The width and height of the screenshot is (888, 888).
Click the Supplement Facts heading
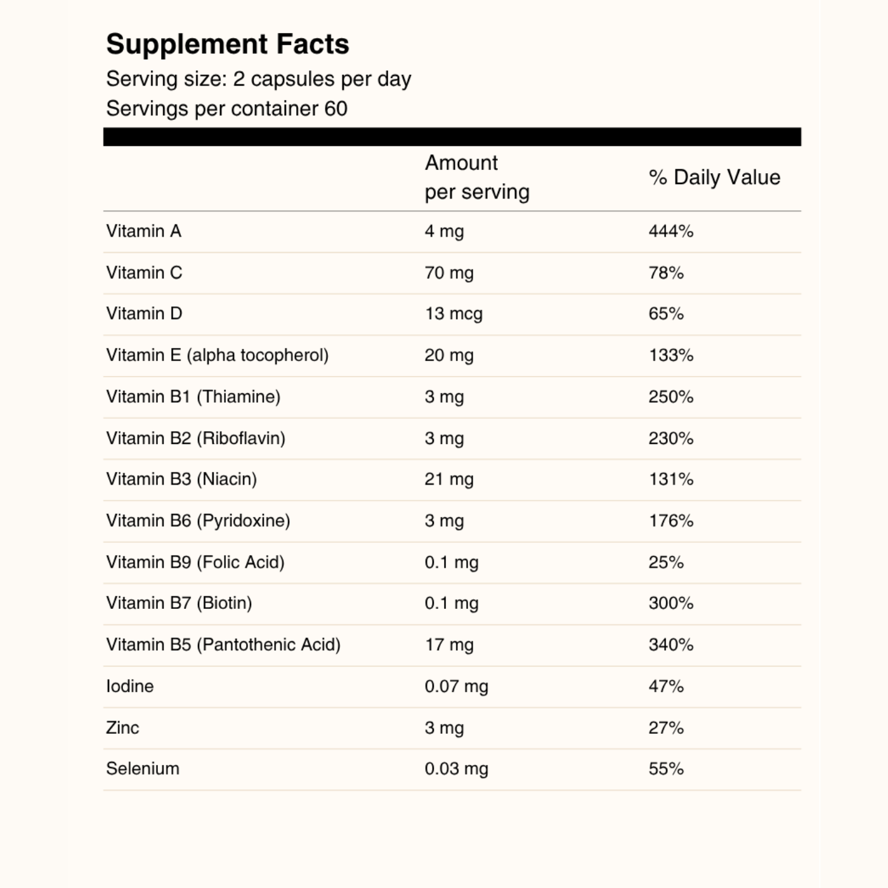[x=227, y=44]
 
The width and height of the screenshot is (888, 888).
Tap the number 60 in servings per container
[x=336, y=108]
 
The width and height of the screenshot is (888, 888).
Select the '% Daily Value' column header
[x=714, y=178]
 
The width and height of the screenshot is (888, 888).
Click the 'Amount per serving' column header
[x=476, y=177]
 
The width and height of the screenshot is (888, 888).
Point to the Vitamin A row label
[x=144, y=231]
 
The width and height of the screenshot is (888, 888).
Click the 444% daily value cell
[x=670, y=232]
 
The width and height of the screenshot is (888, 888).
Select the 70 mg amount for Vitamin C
[x=449, y=273]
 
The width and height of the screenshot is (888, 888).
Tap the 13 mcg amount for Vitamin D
[x=454, y=314]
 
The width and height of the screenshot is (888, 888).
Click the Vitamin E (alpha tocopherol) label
[x=217, y=355]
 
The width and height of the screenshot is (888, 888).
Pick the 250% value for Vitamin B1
[x=670, y=397]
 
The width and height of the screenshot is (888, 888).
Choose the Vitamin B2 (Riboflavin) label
[x=195, y=438]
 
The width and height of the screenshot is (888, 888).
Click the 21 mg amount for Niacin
[x=449, y=480]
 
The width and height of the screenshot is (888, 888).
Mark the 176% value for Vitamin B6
[x=670, y=521]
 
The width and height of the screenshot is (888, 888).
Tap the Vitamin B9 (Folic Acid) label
[x=195, y=562]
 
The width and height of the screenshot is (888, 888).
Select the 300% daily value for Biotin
[x=670, y=603]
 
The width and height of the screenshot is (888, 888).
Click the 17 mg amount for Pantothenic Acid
[x=449, y=645]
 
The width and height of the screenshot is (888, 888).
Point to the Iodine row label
[x=130, y=686]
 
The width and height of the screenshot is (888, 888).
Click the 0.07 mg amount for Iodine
[x=456, y=686]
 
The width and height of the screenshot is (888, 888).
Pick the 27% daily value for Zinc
[x=666, y=728]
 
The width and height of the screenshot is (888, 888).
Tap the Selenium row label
[x=143, y=769]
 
